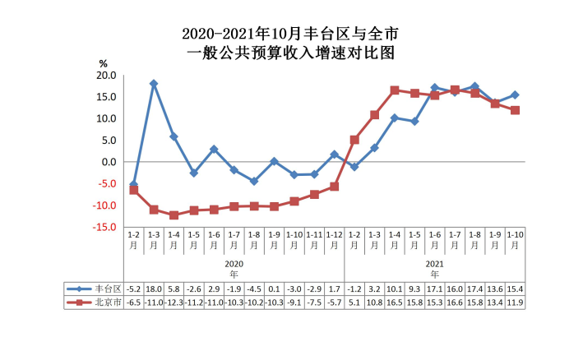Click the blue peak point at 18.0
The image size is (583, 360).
(x=154, y=84)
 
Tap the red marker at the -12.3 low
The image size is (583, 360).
(x=174, y=215)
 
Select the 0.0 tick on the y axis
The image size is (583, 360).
(x=107, y=162)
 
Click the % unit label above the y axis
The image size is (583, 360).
(x=103, y=63)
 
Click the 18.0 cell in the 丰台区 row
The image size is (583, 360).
(x=154, y=289)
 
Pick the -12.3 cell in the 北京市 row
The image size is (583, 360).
(x=174, y=302)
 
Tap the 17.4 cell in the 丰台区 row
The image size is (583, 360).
(x=474, y=289)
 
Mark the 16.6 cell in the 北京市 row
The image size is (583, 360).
(x=455, y=302)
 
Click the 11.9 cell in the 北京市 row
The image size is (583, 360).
(x=515, y=302)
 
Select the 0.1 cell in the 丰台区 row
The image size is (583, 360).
(x=274, y=289)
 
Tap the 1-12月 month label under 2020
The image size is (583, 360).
(x=334, y=239)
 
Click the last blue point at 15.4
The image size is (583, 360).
(x=515, y=95)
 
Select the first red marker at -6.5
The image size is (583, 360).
(x=133, y=190)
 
